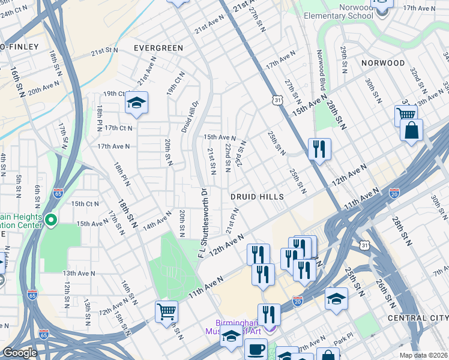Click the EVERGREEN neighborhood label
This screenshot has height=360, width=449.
[x=158, y=47]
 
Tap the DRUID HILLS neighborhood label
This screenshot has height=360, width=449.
[x=258, y=196]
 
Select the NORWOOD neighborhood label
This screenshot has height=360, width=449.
[x=383, y=62]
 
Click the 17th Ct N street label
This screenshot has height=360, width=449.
[x=118, y=128]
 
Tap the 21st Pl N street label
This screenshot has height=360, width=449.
[x=233, y=221]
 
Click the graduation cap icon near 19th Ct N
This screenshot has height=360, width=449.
[x=136, y=103]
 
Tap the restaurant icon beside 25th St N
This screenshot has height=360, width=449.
[x=319, y=148]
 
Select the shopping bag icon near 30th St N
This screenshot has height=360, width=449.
[x=411, y=131]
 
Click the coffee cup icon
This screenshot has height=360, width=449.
[x=256, y=349]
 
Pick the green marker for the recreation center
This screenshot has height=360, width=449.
[x=51, y=221]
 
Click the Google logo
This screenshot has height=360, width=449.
[x=20, y=353]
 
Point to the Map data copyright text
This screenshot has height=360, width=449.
[x=423, y=355]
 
